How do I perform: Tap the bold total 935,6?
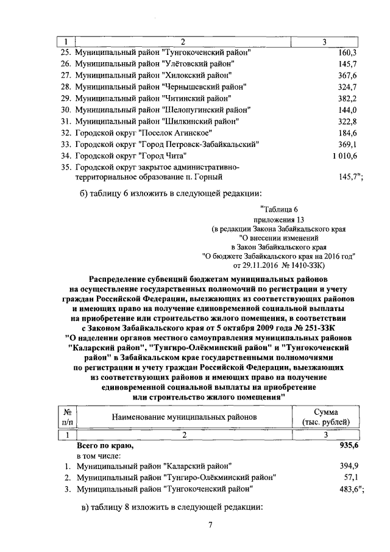[346, 446]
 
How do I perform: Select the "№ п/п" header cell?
[68, 417]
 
